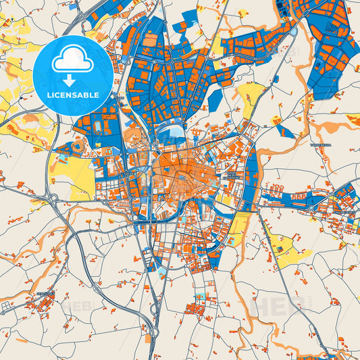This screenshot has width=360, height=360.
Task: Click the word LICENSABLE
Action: (x=73, y=95)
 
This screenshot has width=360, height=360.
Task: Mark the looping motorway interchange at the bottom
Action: (x=155, y=307)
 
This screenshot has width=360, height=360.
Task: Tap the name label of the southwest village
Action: (x=46, y=294)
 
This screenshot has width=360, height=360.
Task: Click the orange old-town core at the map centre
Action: (x=179, y=172)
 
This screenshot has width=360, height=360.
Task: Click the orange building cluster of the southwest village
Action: (x=44, y=307)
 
